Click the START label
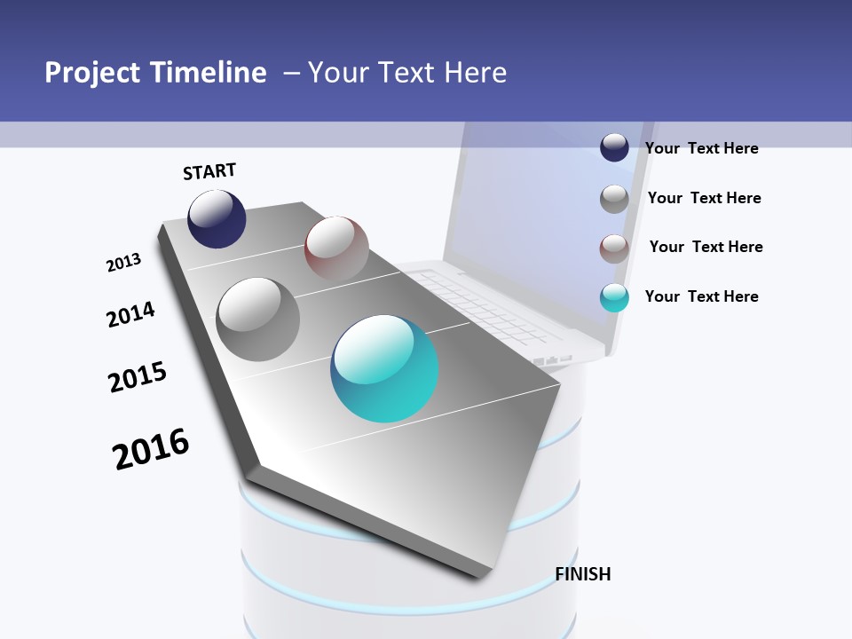pyautogui.click(x=209, y=171)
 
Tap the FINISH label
pyautogui.click(x=583, y=574)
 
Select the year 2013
pyautogui.click(x=123, y=262)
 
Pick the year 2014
pyautogui.click(x=130, y=314)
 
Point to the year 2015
pyautogui.click(x=138, y=377)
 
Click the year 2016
pyautogui.click(x=151, y=448)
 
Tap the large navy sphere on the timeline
pyautogui.click(x=217, y=218)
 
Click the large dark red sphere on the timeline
pyautogui.click(x=336, y=247)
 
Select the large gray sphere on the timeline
pyautogui.click(x=258, y=319)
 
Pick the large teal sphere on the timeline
pyautogui.click(x=385, y=368)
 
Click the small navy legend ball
pyautogui.click(x=614, y=147)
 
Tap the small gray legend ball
pyautogui.click(x=614, y=199)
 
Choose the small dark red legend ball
pyautogui.click(x=614, y=248)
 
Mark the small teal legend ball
pyautogui.click(x=614, y=297)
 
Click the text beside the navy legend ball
pyautogui.click(x=701, y=148)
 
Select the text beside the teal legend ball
pyautogui.click(x=701, y=296)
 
